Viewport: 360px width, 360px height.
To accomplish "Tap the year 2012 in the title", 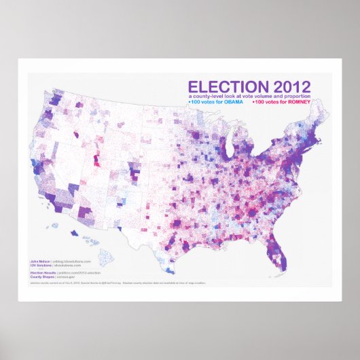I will pos(288,87).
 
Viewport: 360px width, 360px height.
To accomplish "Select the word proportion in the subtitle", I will pos(293,98).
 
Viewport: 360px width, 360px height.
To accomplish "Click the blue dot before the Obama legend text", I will pos(189,103).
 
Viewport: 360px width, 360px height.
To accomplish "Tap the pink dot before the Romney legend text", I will pos(253,103).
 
